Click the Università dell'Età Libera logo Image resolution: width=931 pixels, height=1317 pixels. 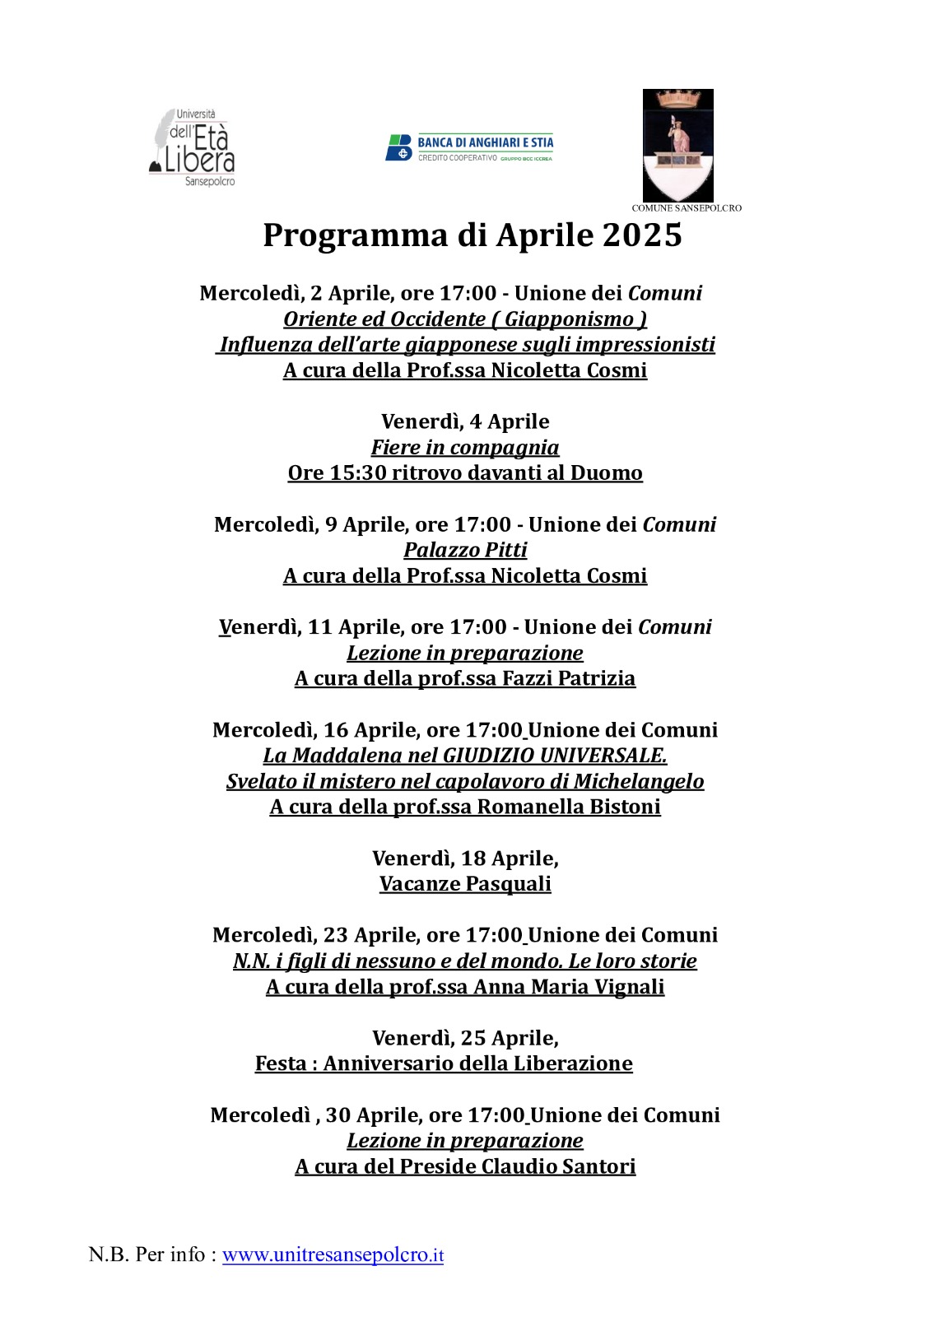pos(193,148)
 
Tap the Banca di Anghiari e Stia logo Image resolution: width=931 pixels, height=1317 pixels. pos(469,148)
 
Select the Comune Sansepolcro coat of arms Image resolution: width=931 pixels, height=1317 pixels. pos(677,146)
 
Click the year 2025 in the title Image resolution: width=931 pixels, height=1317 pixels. pos(642,235)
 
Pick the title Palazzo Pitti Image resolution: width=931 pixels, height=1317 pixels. pos(465,550)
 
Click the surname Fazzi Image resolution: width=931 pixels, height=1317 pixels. pos(527,678)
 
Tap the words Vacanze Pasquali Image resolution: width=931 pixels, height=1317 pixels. pos(465,884)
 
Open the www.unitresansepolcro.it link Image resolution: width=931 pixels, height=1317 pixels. pos(333,1255)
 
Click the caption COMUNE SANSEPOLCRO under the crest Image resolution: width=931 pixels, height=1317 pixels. pos(687,208)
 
